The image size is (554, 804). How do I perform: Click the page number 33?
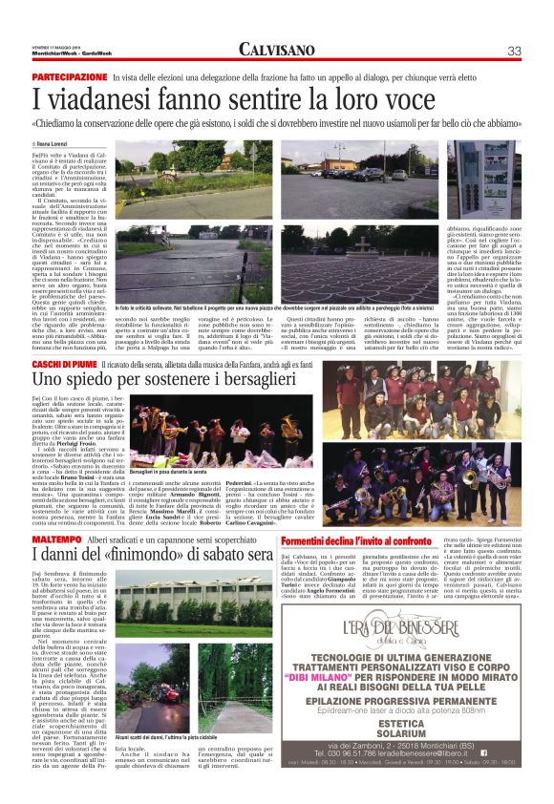(x=513, y=51)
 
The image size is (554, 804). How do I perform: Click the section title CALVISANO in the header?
(x=277, y=50)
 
